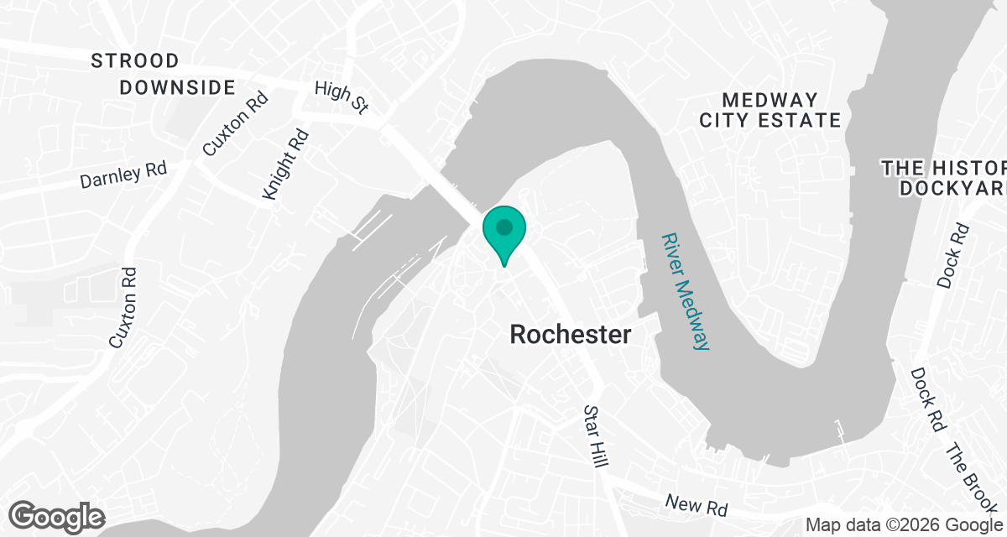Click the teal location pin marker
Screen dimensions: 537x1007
503,235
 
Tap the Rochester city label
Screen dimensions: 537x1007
571,335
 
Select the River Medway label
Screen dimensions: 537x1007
685,291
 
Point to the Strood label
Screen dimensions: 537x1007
135,61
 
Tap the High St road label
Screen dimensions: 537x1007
342,98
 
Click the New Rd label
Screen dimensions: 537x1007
695,505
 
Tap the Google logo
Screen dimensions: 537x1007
57,515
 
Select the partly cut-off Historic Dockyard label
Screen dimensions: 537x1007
944,177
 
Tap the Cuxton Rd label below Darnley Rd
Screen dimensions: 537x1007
123,308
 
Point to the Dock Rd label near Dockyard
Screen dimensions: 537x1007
953,256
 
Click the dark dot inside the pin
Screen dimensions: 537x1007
503,227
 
